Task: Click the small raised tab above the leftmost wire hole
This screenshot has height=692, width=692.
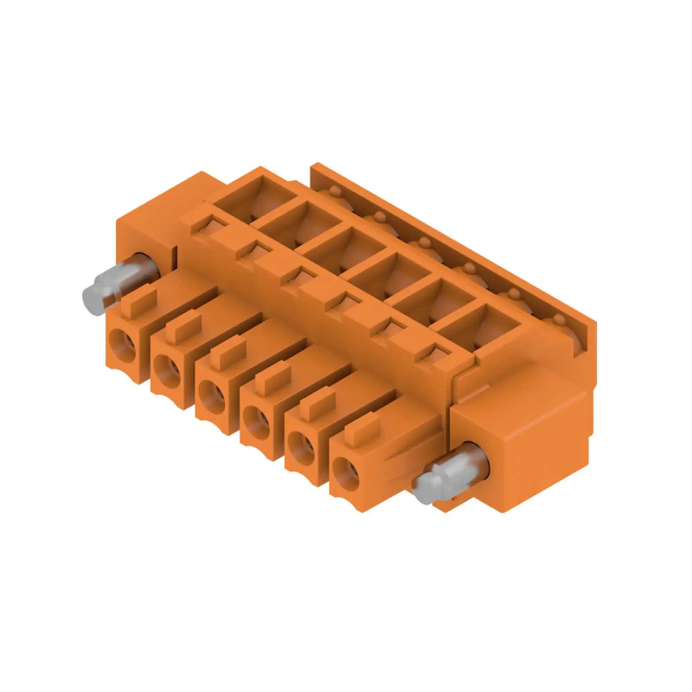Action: click(x=139, y=304)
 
